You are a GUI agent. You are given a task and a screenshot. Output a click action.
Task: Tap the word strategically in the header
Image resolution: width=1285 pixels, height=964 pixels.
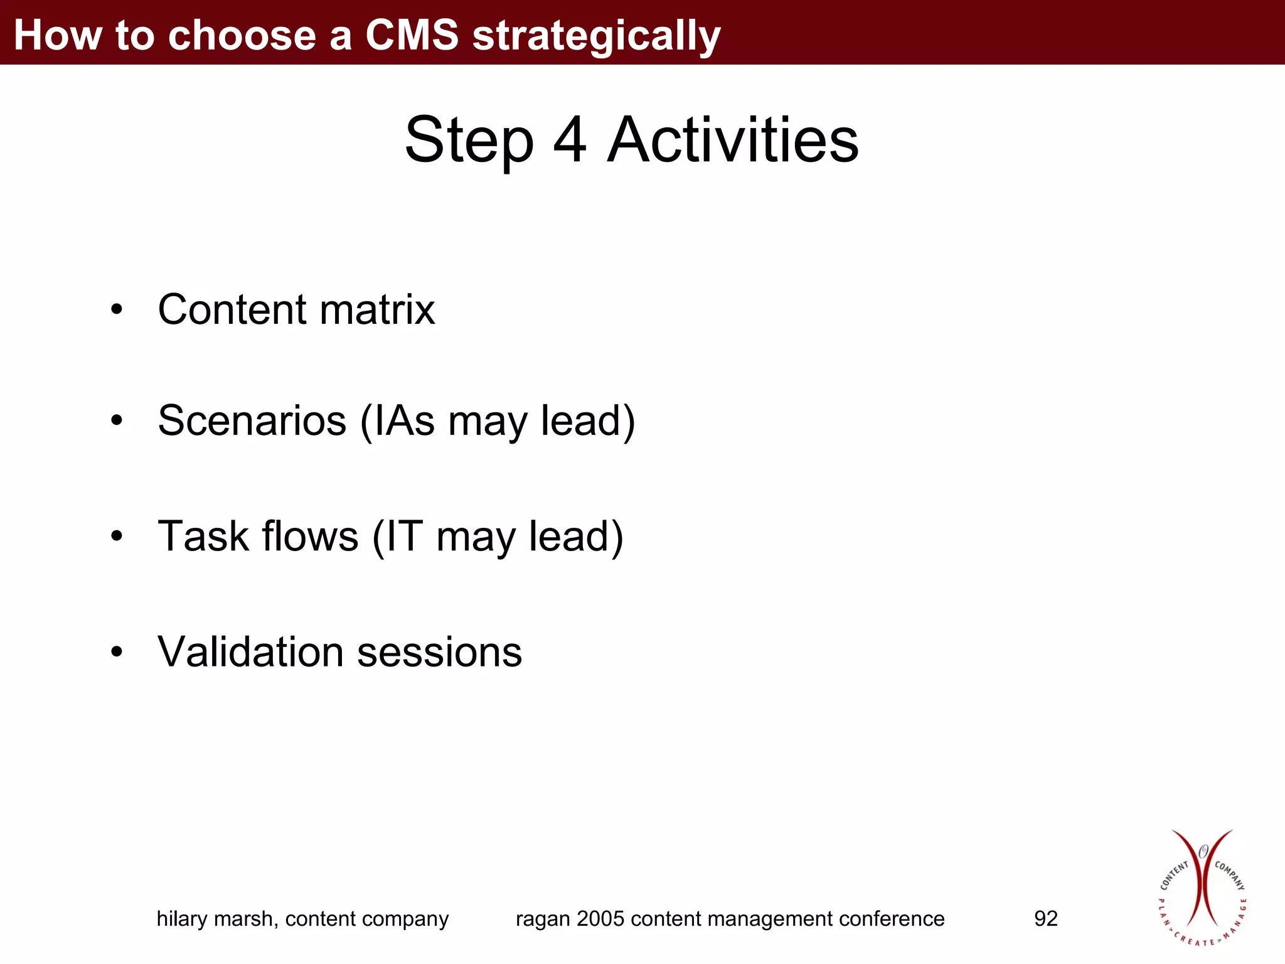(x=596, y=36)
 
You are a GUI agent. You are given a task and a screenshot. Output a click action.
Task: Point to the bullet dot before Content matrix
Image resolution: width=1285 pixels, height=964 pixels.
(x=117, y=310)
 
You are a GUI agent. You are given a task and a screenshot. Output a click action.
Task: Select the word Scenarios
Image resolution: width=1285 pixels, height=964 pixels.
(x=252, y=420)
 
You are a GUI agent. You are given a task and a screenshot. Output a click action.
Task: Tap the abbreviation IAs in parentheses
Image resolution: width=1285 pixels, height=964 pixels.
(x=404, y=420)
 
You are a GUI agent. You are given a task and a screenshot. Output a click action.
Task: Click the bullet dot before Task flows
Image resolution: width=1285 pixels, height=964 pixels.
(x=117, y=537)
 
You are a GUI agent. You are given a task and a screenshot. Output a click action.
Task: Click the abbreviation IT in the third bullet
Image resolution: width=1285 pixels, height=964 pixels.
(x=403, y=537)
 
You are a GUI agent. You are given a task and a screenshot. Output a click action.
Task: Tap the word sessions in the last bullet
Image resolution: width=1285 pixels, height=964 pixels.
(x=439, y=652)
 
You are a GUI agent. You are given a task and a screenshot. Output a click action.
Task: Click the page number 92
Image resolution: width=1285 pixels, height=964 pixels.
(x=1045, y=919)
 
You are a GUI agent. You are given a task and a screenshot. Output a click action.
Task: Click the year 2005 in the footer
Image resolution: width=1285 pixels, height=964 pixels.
(x=600, y=919)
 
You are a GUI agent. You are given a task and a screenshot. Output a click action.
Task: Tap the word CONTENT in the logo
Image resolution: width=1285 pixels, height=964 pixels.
(x=1174, y=876)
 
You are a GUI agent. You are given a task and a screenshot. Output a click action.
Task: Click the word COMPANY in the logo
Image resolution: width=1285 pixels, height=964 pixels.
(x=1229, y=875)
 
